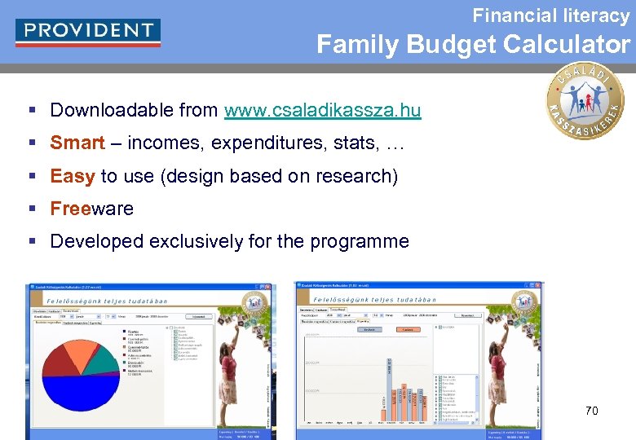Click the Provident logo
pyautogui.click(x=88, y=31)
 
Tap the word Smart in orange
pyautogui.click(x=77, y=143)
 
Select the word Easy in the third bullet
pyautogui.click(x=73, y=176)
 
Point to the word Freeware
pyautogui.click(x=91, y=209)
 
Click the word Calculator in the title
pyautogui.click(x=567, y=45)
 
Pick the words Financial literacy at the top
pyautogui.click(x=551, y=15)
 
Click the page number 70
pyautogui.click(x=592, y=411)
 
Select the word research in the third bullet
pyautogui.click(x=356, y=176)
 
